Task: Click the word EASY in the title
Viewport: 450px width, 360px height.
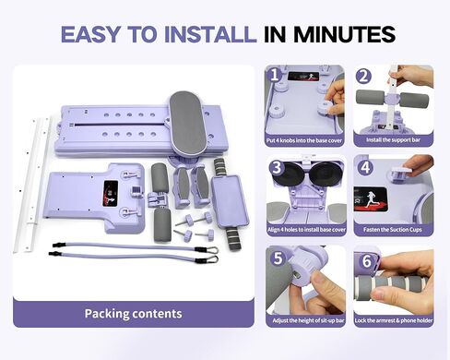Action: pos(93,35)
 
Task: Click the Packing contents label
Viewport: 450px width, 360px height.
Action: pos(133,314)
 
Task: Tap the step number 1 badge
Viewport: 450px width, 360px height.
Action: pos(274,74)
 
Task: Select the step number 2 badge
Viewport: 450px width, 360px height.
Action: pos(362,76)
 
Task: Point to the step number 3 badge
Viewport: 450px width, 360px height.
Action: pos(275,167)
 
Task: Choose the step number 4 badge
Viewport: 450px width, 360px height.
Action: pos(363,167)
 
